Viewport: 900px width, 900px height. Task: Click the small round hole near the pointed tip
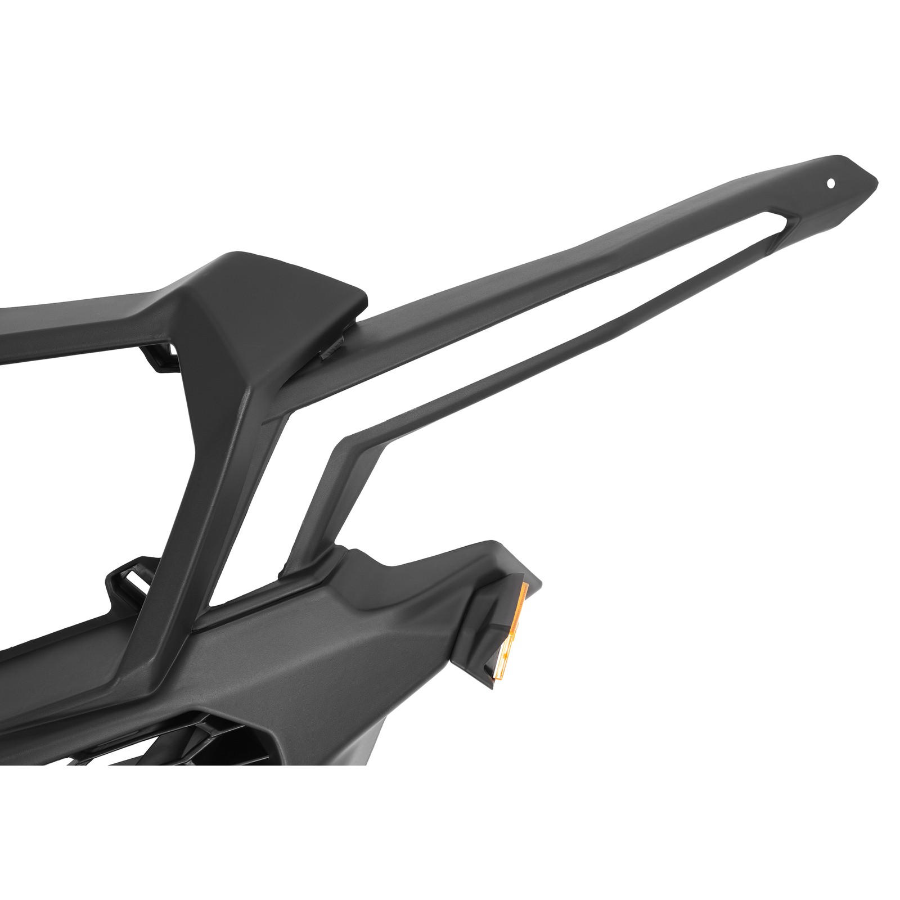831,183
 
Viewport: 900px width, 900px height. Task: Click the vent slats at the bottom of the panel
186,731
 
